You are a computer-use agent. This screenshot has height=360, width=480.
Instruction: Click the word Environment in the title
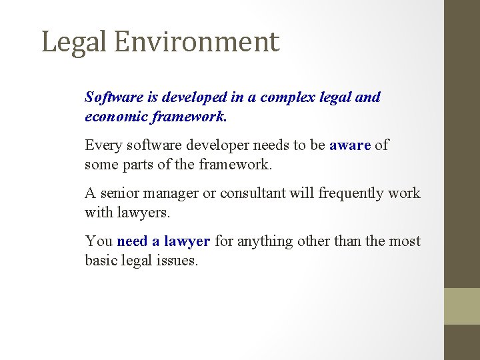(196, 42)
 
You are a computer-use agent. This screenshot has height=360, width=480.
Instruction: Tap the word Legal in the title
(73, 42)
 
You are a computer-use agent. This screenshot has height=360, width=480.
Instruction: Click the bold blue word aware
(350, 145)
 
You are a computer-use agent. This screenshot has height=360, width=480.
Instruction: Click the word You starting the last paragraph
(98, 241)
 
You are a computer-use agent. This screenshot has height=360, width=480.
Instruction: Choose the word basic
(101, 260)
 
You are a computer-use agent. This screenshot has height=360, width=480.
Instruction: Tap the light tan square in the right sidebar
(462, 306)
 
